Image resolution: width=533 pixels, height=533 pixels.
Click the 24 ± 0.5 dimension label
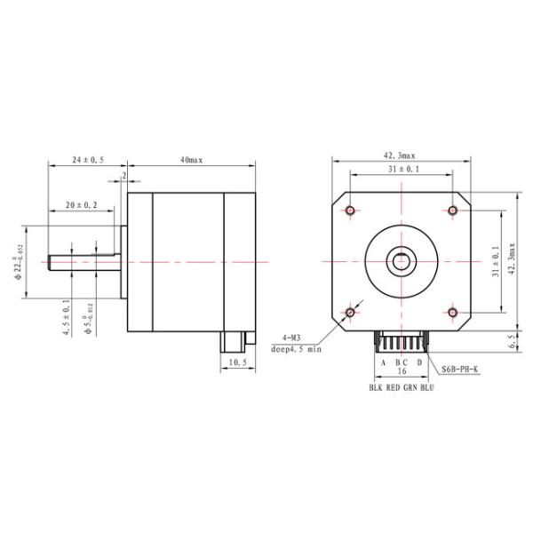[88, 160]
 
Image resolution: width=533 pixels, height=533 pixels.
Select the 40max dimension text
[191, 160]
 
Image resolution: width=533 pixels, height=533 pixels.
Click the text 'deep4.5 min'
[295, 349]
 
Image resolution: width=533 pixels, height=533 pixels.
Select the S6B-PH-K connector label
[461, 370]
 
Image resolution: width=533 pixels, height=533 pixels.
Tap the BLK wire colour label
[377, 388]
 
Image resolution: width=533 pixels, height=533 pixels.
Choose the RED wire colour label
[395, 388]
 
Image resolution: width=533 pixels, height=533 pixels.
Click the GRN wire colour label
[412, 388]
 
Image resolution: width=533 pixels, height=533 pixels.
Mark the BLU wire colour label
[429, 388]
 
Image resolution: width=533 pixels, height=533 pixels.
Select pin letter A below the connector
[384, 362]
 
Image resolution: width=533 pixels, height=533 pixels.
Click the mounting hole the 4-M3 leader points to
[350, 313]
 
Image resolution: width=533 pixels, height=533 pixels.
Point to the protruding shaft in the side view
[84, 263]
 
